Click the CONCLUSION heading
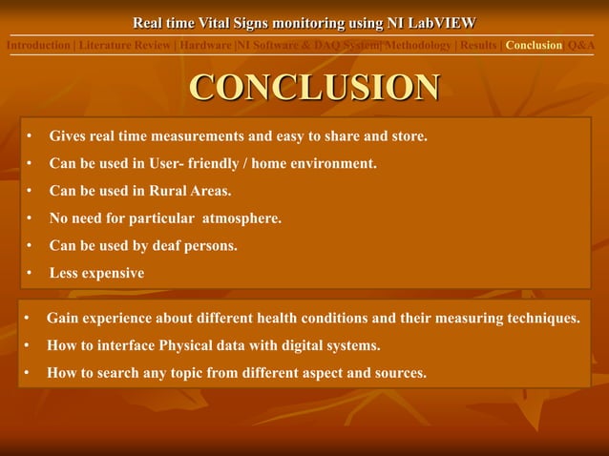click(314, 87)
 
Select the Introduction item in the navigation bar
click(38, 45)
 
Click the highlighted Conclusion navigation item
click(534, 45)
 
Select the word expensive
click(113, 273)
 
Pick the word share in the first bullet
click(331, 136)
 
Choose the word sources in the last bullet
click(393, 372)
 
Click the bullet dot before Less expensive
click(31, 274)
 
